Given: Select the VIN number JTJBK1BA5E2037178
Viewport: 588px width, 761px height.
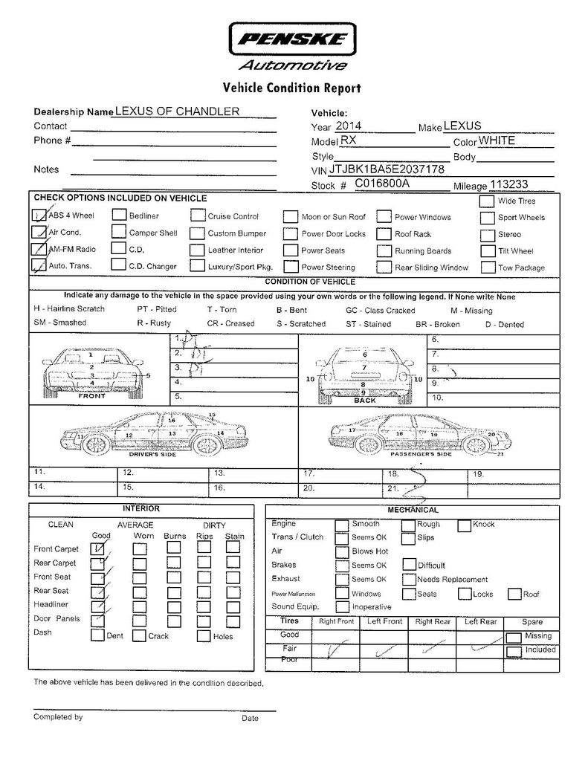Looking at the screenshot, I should (387, 169).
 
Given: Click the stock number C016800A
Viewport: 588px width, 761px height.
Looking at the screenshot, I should (382, 184).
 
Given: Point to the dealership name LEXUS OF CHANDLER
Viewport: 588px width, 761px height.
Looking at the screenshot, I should (177, 111).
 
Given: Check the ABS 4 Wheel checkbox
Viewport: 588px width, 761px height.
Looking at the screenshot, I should (39, 216).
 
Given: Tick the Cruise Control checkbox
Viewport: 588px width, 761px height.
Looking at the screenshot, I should (197, 216).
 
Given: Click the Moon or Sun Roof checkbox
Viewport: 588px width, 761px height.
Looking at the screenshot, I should (291, 217).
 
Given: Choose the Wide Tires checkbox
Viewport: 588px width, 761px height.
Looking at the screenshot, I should (486, 201).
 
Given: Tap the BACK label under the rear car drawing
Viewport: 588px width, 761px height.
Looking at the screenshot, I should (365, 400).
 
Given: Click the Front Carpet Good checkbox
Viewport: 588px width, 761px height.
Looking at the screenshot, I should (97, 548).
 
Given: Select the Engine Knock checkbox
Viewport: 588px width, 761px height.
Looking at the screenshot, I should (463, 525).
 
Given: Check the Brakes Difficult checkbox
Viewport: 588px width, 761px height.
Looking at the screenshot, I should (409, 565).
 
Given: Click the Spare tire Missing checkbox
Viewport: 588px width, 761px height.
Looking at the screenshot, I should (513, 637).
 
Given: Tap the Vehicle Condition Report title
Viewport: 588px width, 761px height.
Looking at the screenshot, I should (292, 88).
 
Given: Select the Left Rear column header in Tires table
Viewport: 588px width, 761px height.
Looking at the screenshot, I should (480, 621).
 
